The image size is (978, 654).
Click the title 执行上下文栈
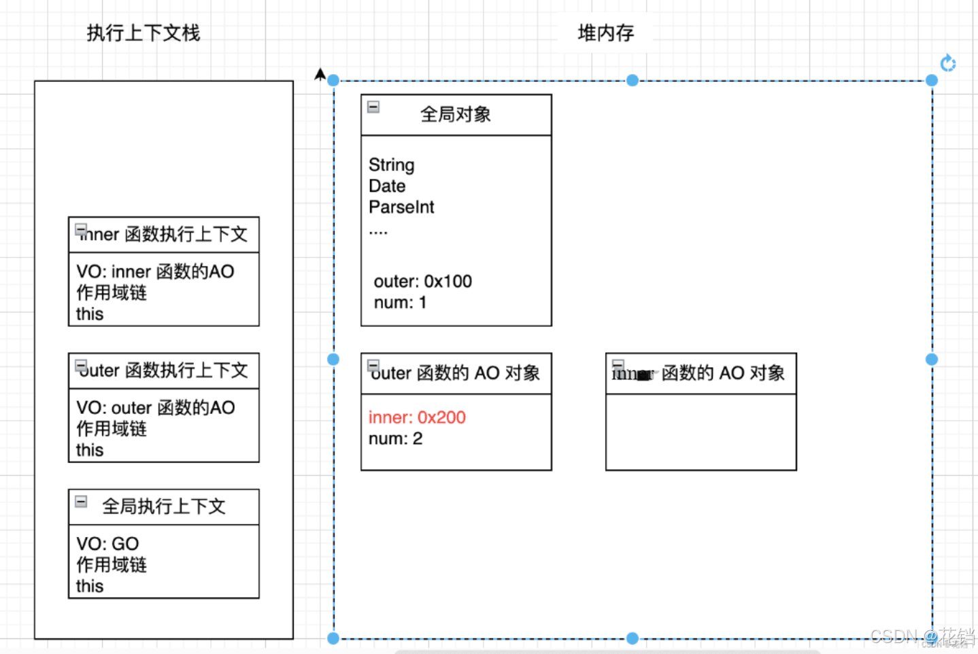(144, 33)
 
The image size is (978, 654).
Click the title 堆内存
(605, 33)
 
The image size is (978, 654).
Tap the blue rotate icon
(947, 63)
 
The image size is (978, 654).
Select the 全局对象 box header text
(456, 114)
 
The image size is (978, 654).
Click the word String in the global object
(391, 165)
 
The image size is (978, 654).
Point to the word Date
(387, 186)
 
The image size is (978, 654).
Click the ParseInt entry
(401, 207)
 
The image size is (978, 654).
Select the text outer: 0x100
(422, 281)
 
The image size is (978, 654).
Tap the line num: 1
(400, 303)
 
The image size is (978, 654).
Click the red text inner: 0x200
(417, 417)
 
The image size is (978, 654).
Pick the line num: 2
(395, 439)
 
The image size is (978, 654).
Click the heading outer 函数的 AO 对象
(456, 373)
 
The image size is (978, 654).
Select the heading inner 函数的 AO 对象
(698, 373)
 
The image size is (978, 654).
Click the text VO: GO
(107, 544)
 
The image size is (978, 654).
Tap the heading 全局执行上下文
(163, 506)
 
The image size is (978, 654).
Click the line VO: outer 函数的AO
(155, 408)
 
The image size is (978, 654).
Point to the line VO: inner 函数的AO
(155, 272)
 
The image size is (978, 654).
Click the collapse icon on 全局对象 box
(373, 107)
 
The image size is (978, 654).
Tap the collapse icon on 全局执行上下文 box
(81, 502)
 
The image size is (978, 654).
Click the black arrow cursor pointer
(320, 74)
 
